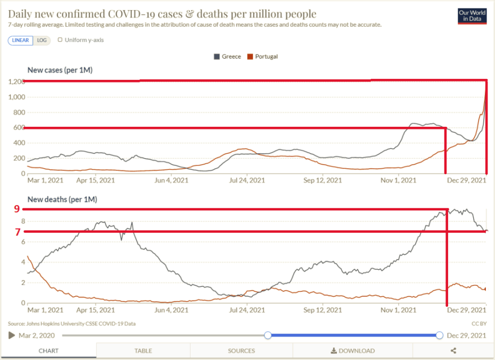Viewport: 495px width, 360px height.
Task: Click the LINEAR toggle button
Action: coord(20,40)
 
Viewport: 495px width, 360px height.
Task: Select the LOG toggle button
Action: coord(42,40)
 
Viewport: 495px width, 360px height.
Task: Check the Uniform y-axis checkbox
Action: coord(60,39)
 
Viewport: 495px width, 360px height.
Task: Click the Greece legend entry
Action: coord(227,56)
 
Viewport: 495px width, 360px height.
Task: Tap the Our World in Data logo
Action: coord(472,16)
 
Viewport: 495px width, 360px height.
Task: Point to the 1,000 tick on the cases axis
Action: coord(16,97)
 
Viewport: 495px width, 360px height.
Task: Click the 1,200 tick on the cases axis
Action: coord(16,82)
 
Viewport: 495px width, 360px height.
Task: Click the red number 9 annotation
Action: coord(17,209)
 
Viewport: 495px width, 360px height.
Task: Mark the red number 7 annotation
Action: coord(17,232)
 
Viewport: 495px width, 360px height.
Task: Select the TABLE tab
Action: coord(143,351)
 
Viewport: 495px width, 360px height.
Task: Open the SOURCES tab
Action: coord(241,351)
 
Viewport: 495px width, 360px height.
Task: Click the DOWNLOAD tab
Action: coord(353,351)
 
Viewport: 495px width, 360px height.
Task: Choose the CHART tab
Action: coord(48,351)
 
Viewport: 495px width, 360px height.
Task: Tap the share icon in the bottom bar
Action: coord(453,351)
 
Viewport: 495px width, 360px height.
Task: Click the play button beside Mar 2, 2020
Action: coord(12,335)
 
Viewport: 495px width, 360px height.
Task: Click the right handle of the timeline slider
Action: coord(439,335)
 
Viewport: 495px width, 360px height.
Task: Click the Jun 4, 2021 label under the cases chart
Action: coord(170,180)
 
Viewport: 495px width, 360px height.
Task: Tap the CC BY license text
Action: coord(478,323)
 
